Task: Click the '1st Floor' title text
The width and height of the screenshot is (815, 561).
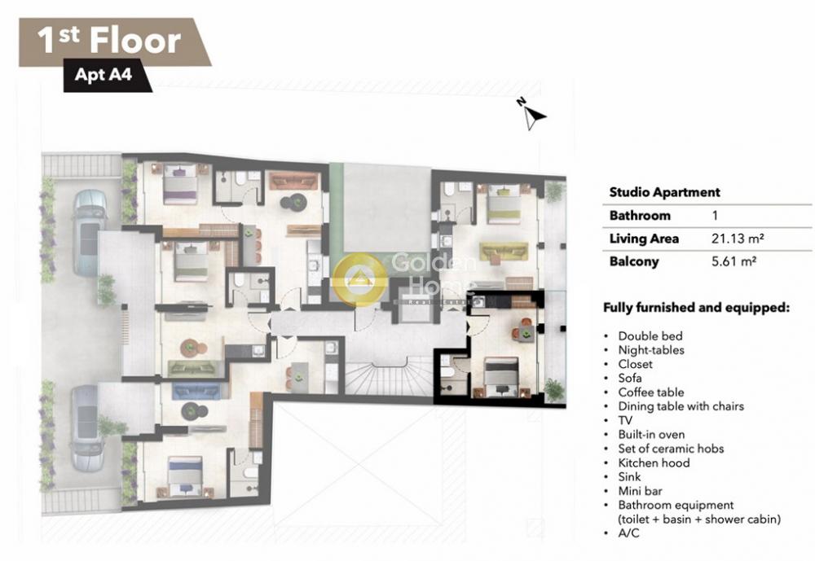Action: pyautogui.click(x=109, y=40)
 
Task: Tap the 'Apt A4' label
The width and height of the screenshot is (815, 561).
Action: pyautogui.click(x=103, y=74)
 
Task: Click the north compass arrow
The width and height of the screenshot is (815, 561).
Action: pyautogui.click(x=533, y=115)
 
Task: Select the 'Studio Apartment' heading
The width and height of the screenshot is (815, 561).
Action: pyautogui.click(x=664, y=192)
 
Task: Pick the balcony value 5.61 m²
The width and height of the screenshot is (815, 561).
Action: pyautogui.click(x=733, y=261)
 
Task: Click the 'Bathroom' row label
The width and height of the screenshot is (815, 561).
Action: pyautogui.click(x=640, y=215)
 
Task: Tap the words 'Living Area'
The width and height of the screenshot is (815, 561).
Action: pyautogui.click(x=644, y=239)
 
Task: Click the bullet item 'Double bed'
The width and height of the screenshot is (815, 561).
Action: pyautogui.click(x=650, y=336)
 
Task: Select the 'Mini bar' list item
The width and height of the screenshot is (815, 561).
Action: pyautogui.click(x=641, y=491)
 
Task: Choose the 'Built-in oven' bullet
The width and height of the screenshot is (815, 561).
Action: pyautogui.click(x=651, y=434)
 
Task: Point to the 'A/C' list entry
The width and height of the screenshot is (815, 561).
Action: pyautogui.click(x=628, y=533)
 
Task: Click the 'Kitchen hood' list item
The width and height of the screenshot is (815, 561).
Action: pyautogui.click(x=654, y=462)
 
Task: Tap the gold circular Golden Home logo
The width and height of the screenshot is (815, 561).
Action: pyautogui.click(x=359, y=279)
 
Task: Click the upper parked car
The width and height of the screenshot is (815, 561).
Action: pyautogui.click(x=90, y=232)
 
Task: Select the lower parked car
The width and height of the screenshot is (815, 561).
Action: pyautogui.click(x=86, y=427)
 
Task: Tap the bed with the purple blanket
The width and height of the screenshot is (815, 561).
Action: pyautogui.click(x=180, y=184)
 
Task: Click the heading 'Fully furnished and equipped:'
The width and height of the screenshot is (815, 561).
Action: pyautogui.click(x=697, y=308)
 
